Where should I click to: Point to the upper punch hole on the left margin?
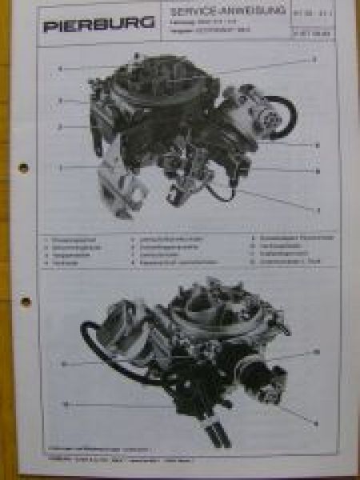pyautogui.click(x=24, y=168)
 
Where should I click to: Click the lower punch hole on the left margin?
pyautogui.click(x=26, y=302)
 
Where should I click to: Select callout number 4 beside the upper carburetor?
pyautogui.click(x=59, y=69)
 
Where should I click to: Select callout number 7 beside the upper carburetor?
pyautogui.click(x=318, y=210)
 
